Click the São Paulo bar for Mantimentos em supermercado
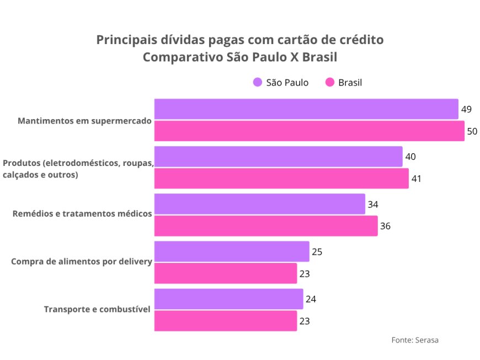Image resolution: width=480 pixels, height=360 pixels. click(x=306, y=109)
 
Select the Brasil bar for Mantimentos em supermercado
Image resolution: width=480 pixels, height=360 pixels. click(x=309, y=131)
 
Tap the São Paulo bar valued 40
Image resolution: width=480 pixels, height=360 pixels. click(x=278, y=157)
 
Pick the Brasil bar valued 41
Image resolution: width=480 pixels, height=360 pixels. click(x=281, y=179)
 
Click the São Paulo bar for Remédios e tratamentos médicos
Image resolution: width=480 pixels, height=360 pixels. click(x=259, y=204)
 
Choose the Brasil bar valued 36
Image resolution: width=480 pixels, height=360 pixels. click(x=266, y=226)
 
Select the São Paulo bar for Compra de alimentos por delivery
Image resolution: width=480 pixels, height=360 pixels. click(x=232, y=251)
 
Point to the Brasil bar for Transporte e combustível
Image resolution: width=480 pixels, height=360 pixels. click(x=226, y=321)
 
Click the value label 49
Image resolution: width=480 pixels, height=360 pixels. click(x=466, y=109)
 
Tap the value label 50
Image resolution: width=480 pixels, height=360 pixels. click(x=472, y=131)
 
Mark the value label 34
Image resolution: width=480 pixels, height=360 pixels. click(x=373, y=204)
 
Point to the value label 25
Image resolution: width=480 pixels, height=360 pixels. click(x=317, y=251)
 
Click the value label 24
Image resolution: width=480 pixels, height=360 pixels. click(x=311, y=299)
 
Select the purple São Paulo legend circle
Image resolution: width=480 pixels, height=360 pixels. click(x=258, y=83)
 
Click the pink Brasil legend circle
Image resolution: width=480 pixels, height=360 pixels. click(x=330, y=83)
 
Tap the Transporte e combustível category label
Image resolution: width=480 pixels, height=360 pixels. click(x=97, y=309)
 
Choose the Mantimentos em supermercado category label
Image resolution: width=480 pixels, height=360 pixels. click(x=84, y=120)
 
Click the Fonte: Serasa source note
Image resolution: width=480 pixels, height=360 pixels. click(x=415, y=340)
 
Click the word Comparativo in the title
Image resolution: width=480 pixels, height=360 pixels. click(x=183, y=57)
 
